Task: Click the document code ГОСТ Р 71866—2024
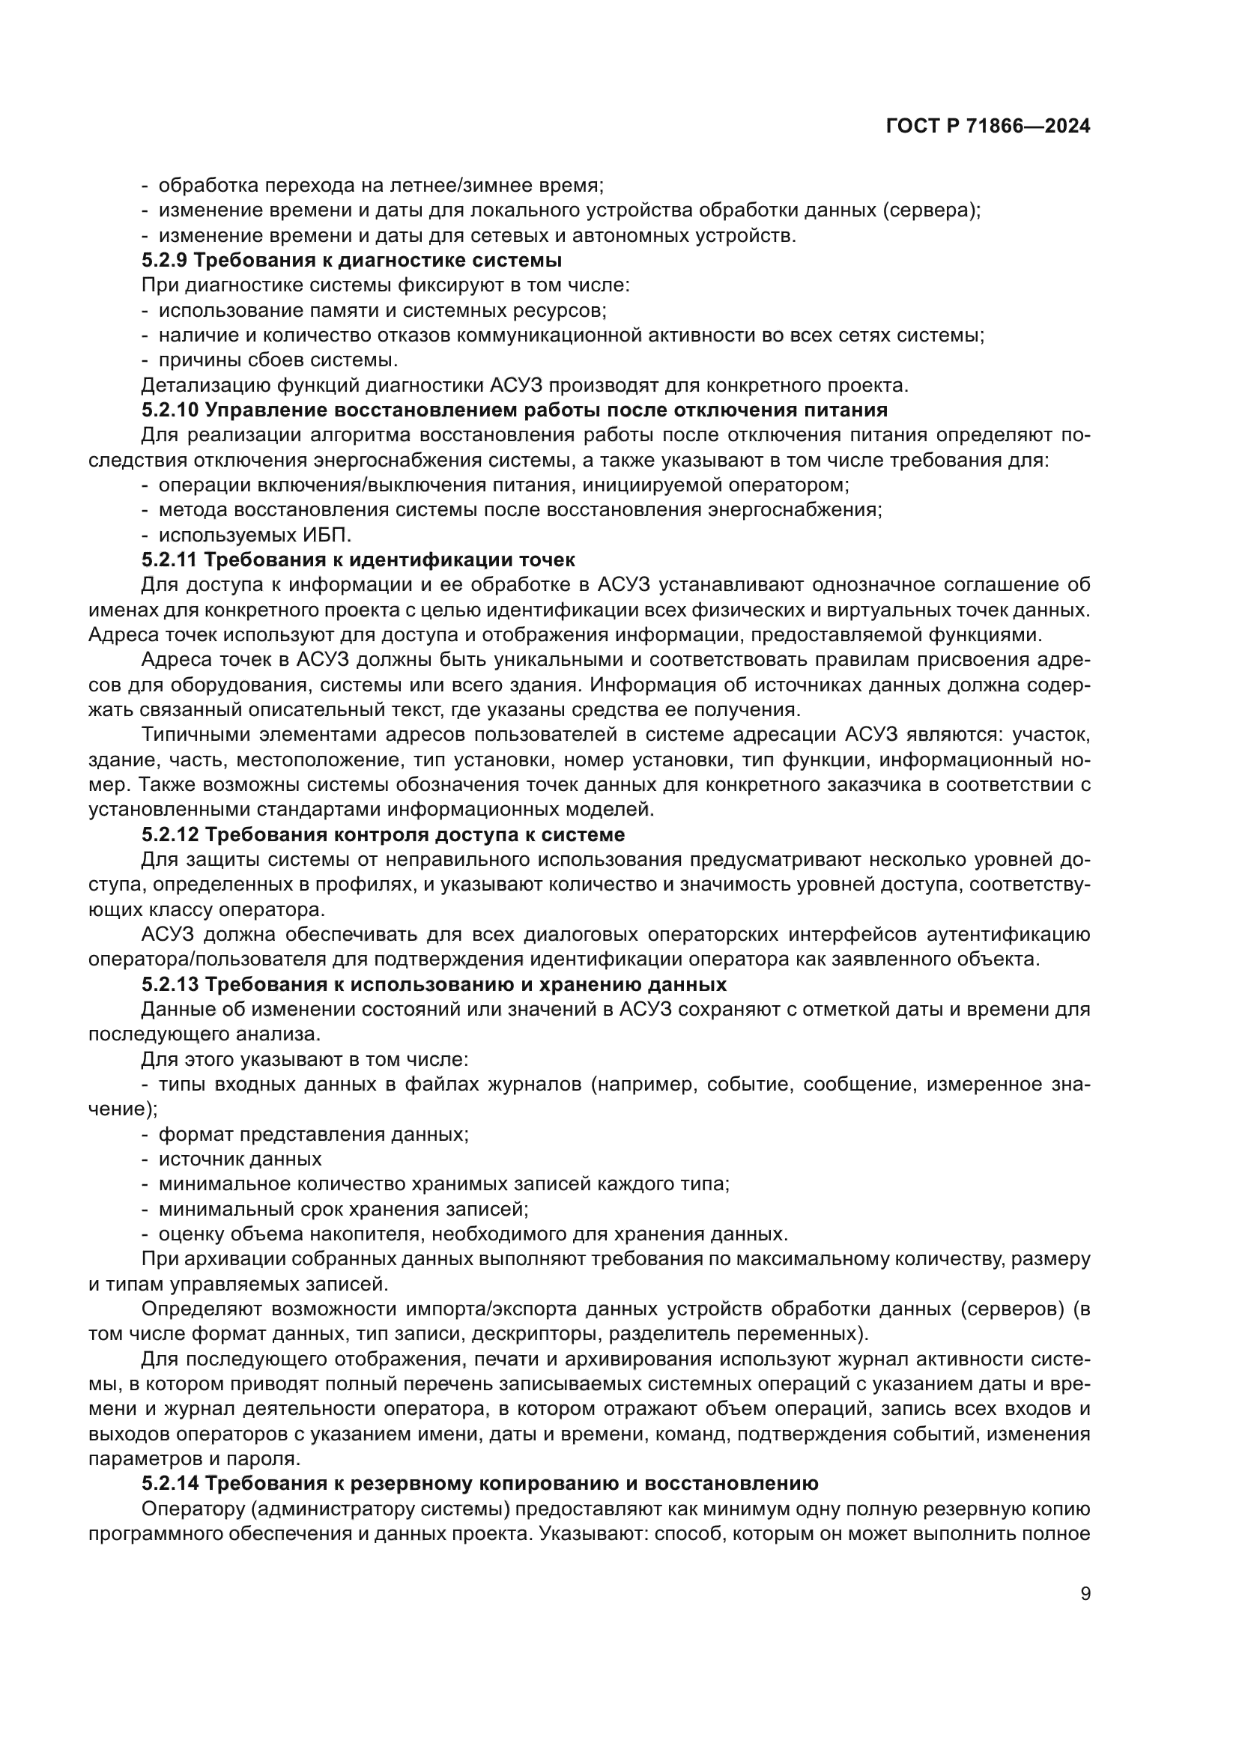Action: click(x=988, y=127)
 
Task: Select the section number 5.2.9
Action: click(x=164, y=260)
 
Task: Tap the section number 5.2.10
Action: click(x=169, y=410)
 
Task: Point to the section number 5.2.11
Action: click(x=169, y=560)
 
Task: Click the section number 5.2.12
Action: click(x=169, y=834)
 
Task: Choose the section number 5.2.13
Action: click(x=169, y=983)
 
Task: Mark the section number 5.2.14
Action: click(x=169, y=1483)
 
